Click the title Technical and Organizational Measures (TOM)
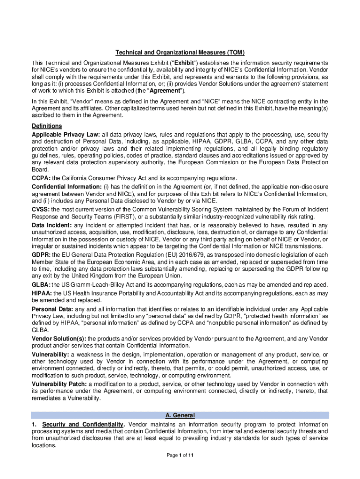pyautogui.click(x=180, y=52)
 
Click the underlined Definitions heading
pyautogui.click(x=47, y=126)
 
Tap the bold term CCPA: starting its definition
pyautogui.click(x=41, y=178)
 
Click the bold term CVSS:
pyautogui.click(x=41, y=209)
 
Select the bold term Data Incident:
pyautogui.click(x=52, y=225)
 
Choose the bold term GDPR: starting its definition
pyautogui.click(x=41, y=254)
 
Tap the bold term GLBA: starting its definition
pyautogui.click(x=41, y=285)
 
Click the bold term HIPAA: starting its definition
pyautogui.click(x=42, y=293)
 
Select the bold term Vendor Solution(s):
pyautogui.click(x=58, y=339)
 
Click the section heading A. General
pyautogui.click(x=180, y=415)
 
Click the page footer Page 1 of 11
pyautogui.click(x=180, y=455)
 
